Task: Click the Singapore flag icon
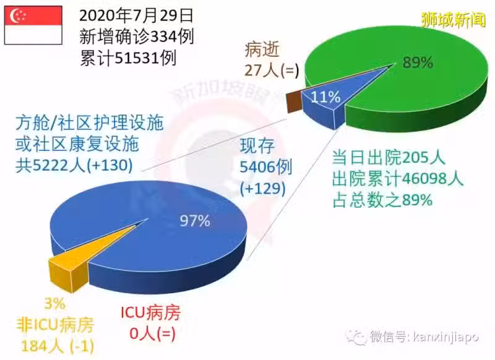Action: pyautogui.click(x=33, y=25)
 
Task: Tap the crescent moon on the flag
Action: pyautogui.click(x=15, y=16)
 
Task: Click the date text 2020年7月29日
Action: pyautogui.click(x=136, y=16)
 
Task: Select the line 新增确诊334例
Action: pyautogui.click(x=136, y=36)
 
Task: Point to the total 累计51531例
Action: pyautogui.click(x=128, y=58)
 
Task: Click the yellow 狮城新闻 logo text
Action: pyautogui.click(x=454, y=20)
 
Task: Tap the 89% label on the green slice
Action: pyautogui.click(x=417, y=62)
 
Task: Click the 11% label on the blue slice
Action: pyautogui.click(x=325, y=97)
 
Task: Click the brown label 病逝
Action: pyautogui.click(x=262, y=50)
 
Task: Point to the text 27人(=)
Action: pyautogui.click(x=272, y=70)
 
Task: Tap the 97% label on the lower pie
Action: pyautogui.click(x=195, y=221)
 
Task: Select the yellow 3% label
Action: pyautogui.click(x=55, y=304)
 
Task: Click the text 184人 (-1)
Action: pyautogui.click(x=58, y=346)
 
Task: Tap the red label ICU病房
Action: pyautogui.click(x=150, y=312)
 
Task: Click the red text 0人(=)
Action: pyautogui.click(x=152, y=333)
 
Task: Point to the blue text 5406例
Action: pyautogui.click(x=266, y=167)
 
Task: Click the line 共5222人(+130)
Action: pyautogui.click(x=74, y=165)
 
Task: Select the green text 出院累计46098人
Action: pyautogui.click(x=397, y=178)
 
